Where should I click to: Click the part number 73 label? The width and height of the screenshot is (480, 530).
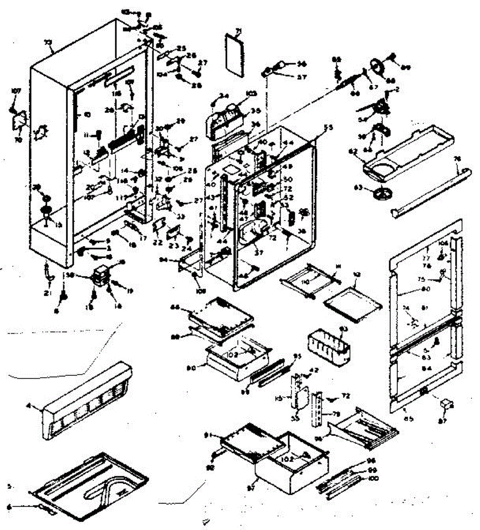point(48,42)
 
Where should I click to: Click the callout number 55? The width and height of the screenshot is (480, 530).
point(328,128)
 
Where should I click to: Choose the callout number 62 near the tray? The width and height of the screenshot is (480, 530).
point(352,151)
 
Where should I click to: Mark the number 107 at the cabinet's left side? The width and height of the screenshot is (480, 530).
point(16,91)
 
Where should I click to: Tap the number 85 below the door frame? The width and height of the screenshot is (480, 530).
point(408,419)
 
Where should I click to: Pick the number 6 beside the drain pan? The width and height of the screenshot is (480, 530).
point(9,507)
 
